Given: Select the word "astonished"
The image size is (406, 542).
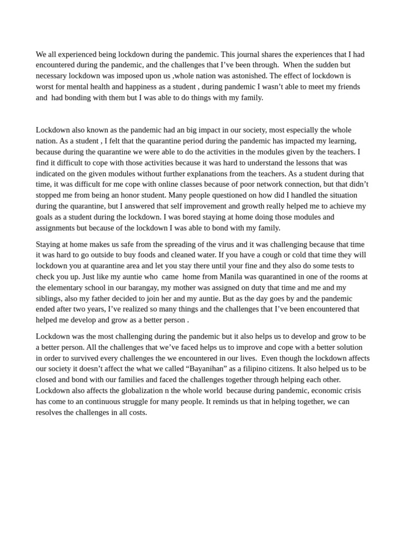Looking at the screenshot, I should (249, 76).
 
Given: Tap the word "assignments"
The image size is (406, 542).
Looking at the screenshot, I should (57, 228).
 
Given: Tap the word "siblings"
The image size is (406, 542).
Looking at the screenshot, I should (50, 298).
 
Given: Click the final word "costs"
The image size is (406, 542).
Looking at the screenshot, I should (136, 412).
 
